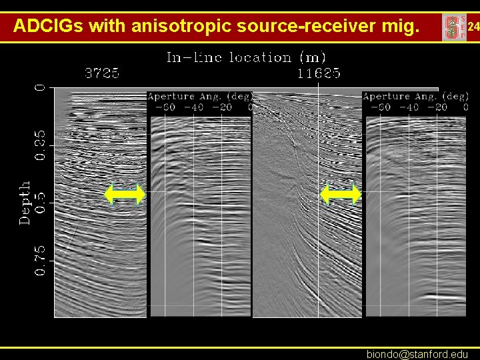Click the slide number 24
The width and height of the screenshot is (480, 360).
point(473,27)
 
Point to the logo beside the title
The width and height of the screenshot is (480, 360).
point(453,27)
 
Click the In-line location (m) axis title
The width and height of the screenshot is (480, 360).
point(246,57)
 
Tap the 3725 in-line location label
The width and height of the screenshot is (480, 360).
point(102,73)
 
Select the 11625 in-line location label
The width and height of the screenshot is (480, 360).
point(319,73)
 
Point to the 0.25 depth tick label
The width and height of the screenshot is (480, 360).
point(41,145)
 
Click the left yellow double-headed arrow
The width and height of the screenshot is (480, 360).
point(125,194)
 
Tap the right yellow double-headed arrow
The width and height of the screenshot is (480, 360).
point(341,194)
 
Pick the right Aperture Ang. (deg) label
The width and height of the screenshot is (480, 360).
point(415,97)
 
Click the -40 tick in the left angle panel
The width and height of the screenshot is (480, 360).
point(193,107)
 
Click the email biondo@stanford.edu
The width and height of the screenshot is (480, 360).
point(417,354)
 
